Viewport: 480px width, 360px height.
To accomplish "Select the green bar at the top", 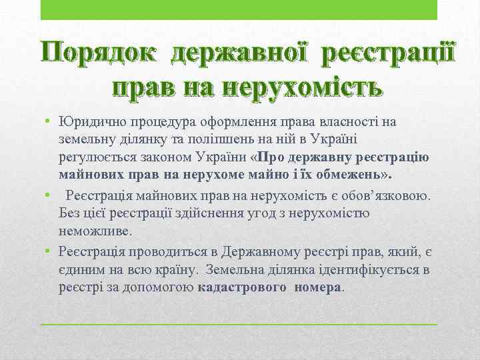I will point(239,10).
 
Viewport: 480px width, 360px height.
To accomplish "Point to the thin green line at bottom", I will point(239,323).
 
